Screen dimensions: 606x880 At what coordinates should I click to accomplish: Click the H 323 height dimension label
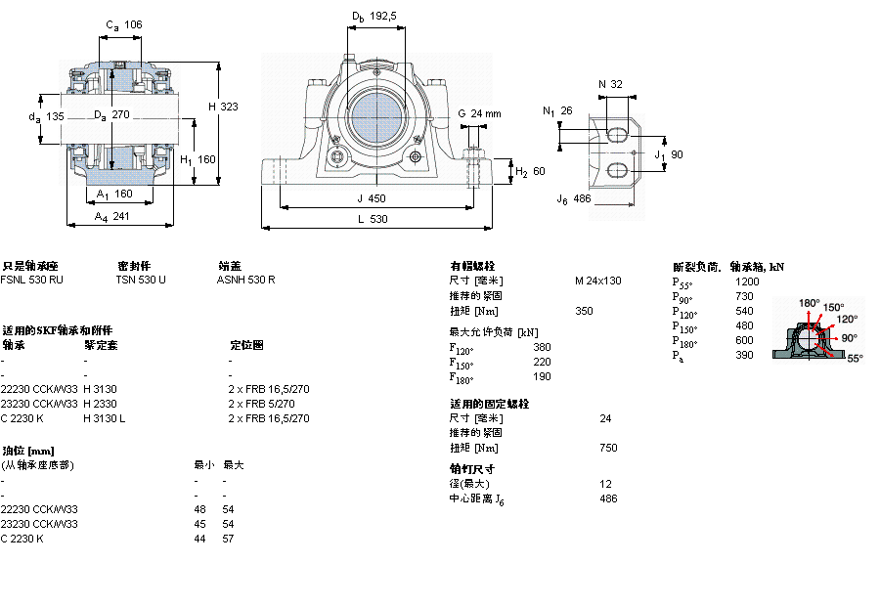[224, 106]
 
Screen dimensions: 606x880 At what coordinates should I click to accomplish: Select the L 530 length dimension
[372, 219]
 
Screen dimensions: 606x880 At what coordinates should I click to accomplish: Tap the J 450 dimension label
[372, 197]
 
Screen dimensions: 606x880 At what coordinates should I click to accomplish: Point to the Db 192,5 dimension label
[374, 16]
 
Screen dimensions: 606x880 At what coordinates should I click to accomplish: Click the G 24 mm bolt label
[479, 113]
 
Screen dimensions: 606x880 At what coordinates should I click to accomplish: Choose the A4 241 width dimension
[113, 217]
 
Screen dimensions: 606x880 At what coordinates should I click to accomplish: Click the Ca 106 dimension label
[123, 24]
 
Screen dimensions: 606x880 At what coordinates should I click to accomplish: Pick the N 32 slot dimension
[610, 84]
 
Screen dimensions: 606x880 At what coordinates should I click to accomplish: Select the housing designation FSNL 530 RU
[32, 280]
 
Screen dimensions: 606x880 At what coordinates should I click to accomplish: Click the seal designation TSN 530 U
[141, 280]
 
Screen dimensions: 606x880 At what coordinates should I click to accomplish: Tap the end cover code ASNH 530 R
[245, 280]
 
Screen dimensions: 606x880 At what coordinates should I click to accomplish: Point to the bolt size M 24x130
[597, 281]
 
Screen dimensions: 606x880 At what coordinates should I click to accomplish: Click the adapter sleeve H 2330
[101, 404]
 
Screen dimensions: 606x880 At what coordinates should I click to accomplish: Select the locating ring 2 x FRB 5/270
[261, 404]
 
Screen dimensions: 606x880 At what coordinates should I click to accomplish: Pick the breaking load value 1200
[746, 281]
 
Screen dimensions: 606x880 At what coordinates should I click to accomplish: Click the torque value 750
[608, 448]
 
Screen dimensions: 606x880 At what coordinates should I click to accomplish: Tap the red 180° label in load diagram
[810, 303]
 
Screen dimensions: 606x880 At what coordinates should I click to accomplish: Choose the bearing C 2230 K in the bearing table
[22, 418]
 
